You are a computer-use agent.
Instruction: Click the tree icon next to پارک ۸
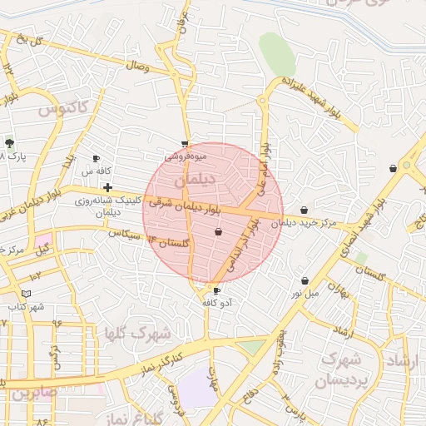coord(9,143)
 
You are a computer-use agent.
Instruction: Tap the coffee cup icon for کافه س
coord(96,158)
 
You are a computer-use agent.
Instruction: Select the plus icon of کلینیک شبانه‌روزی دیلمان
coord(108,188)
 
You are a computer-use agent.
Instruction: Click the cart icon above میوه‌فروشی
coord(185,143)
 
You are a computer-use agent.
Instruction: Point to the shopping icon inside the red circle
coord(218,232)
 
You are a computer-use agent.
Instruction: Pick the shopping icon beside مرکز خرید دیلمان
coord(305,211)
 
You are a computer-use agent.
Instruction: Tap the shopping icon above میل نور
coord(305,280)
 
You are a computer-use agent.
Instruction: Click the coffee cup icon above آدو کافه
coord(217,290)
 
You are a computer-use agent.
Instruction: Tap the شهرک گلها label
coord(137,334)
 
